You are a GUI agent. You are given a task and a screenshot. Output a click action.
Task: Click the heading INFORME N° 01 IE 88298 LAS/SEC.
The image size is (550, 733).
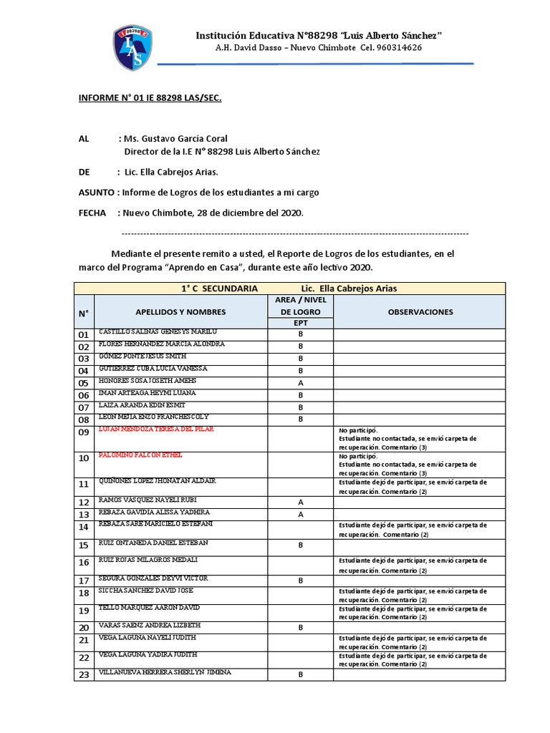tap(150, 98)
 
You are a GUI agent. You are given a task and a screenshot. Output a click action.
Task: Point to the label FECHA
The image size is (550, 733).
tap(92, 213)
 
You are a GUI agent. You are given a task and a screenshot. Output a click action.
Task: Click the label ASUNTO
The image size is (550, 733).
tap(97, 193)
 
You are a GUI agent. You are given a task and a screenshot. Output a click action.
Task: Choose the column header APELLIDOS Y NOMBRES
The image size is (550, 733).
tap(180, 312)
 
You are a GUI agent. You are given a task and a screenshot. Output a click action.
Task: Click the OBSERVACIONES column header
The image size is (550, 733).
tap(420, 312)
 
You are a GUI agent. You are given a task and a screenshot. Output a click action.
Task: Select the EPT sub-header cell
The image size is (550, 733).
tap(301, 324)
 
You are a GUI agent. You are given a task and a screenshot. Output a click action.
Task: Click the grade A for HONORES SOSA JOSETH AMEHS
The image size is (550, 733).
tap(301, 383)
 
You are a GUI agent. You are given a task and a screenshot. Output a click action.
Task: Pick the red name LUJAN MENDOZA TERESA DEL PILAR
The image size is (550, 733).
tap(157, 429)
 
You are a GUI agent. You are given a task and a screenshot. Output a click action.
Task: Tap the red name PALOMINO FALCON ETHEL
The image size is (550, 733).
tap(141, 455)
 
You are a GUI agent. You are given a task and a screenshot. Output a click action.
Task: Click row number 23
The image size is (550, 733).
tap(84, 674)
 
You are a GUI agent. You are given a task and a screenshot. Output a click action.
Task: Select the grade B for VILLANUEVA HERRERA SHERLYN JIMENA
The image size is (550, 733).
tap(301, 674)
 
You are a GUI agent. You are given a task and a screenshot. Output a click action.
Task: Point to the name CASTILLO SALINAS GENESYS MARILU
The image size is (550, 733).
tap(158, 332)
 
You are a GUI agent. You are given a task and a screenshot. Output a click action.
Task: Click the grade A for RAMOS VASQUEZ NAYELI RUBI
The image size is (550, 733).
tap(301, 502)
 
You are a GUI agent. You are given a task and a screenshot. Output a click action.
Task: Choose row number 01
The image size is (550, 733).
tap(84, 335)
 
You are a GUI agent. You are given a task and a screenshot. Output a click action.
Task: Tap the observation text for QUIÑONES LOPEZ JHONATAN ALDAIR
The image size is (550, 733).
tap(412, 487)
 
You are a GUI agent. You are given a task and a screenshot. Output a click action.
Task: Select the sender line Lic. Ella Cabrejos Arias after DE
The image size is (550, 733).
tap(171, 172)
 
